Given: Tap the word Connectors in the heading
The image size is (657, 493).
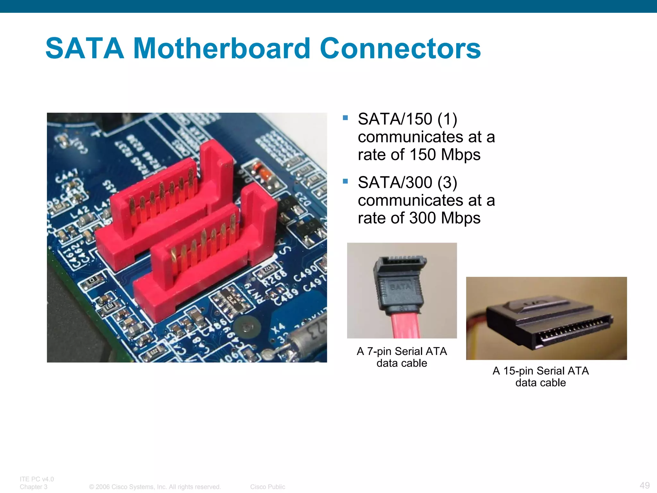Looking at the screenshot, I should [x=400, y=48].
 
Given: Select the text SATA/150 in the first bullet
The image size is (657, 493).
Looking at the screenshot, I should [x=395, y=119].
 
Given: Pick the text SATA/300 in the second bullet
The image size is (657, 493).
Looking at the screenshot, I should [x=395, y=183].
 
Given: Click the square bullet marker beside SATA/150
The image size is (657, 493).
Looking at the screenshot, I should [x=345, y=118].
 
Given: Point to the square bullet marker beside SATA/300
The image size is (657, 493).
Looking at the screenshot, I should [x=345, y=181].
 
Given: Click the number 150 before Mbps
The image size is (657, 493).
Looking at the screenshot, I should [x=423, y=155].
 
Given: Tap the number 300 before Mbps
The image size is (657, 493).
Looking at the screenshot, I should [x=423, y=218].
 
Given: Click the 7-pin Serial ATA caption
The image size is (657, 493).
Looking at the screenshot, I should [x=402, y=357].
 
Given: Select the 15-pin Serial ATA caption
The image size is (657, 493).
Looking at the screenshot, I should [x=541, y=376].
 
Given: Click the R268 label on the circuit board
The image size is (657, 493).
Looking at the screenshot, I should [x=275, y=279].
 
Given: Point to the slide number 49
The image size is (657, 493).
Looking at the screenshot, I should [x=644, y=485].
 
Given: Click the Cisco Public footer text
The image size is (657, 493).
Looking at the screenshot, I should [x=268, y=487].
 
